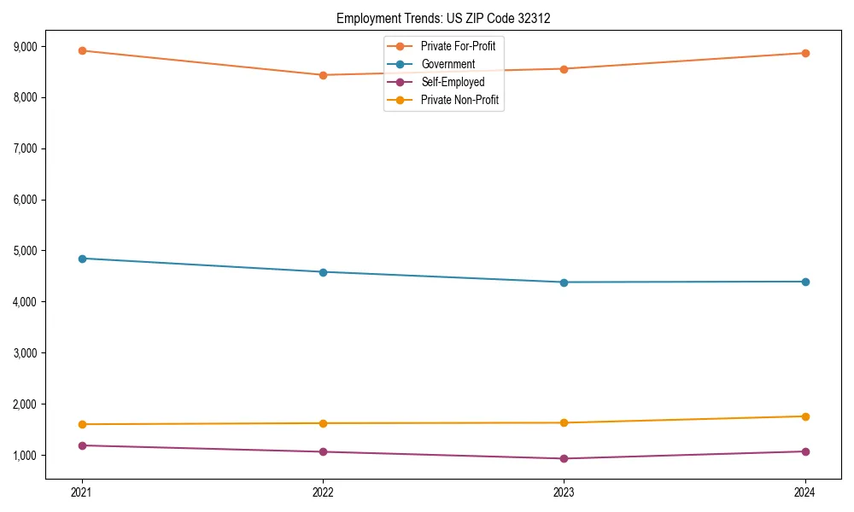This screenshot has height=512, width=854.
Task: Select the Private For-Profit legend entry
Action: click(x=458, y=46)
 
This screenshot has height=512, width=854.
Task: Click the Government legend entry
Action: click(x=447, y=64)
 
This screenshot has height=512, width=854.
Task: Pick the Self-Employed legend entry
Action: click(x=452, y=82)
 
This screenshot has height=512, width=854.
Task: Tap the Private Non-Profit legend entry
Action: click(x=459, y=100)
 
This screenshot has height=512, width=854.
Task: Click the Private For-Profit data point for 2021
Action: click(x=82, y=50)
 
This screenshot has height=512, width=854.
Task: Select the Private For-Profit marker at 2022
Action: click(x=323, y=75)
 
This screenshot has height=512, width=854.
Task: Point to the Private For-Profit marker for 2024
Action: click(x=805, y=53)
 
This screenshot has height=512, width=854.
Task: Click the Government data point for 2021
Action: click(x=82, y=259)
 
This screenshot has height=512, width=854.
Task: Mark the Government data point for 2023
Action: click(x=564, y=282)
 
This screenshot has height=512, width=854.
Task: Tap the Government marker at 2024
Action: click(x=805, y=282)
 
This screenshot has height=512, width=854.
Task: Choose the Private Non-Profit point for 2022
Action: click(x=323, y=423)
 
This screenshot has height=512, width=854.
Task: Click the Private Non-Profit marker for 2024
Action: click(x=805, y=416)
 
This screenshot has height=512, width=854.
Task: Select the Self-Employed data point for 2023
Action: click(x=564, y=458)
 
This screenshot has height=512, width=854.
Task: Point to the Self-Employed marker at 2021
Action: click(x=82, y=445)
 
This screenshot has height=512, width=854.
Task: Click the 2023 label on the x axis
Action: click(x=564, y=492)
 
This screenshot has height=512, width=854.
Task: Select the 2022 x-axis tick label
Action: click(x=323, y=492)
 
